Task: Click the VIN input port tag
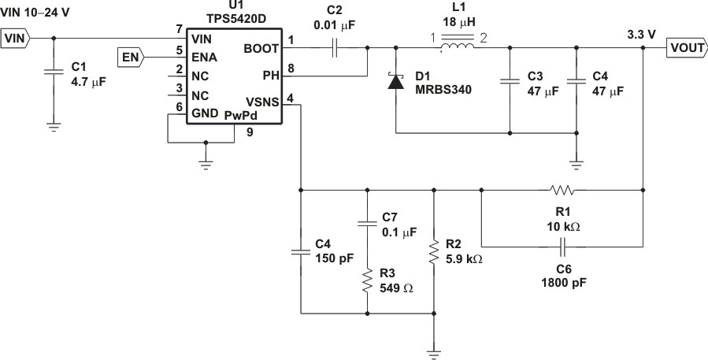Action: pos(15,37)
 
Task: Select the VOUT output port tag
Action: pos(687,48)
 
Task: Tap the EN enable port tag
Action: pos(132,57)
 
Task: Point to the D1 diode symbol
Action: pos(394,81)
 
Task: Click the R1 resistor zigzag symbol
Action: pos(562,190)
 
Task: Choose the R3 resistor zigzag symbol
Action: pos(367,281)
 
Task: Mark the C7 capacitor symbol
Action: pos(367,224)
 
